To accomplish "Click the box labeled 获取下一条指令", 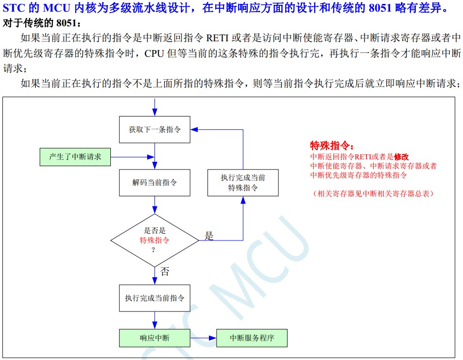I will [154, 130].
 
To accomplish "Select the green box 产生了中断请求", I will [75, 157].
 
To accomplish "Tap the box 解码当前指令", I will [154, 183].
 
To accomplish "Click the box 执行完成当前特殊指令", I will [243, 183].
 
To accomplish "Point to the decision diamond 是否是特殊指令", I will [154, 240].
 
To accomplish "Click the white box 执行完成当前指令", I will [154, 298].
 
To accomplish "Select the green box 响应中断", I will [154, 338].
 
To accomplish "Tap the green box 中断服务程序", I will [252, 338].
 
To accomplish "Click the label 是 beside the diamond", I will [209, 236].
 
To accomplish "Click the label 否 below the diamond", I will [165, 272].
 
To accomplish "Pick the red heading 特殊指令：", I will [332, 146].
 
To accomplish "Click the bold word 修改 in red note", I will [401, 157].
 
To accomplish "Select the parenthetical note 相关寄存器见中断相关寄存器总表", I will [373, 193].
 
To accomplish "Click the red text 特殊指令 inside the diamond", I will [154, 240].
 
